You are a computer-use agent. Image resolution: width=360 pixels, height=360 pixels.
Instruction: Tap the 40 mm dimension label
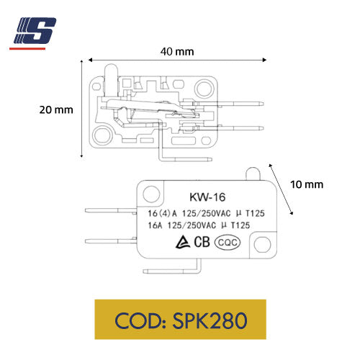click(x=177, y=52)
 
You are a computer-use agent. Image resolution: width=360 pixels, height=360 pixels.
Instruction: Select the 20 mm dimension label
click(x=55, y=110)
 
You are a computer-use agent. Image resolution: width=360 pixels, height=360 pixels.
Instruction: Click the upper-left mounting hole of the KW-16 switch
click(x=151, y=193)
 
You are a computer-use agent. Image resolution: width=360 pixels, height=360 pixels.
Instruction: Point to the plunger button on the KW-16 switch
click(x=251, y=173)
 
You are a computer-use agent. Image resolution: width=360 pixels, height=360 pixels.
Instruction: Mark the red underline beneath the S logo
click(x=32, y=48)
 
